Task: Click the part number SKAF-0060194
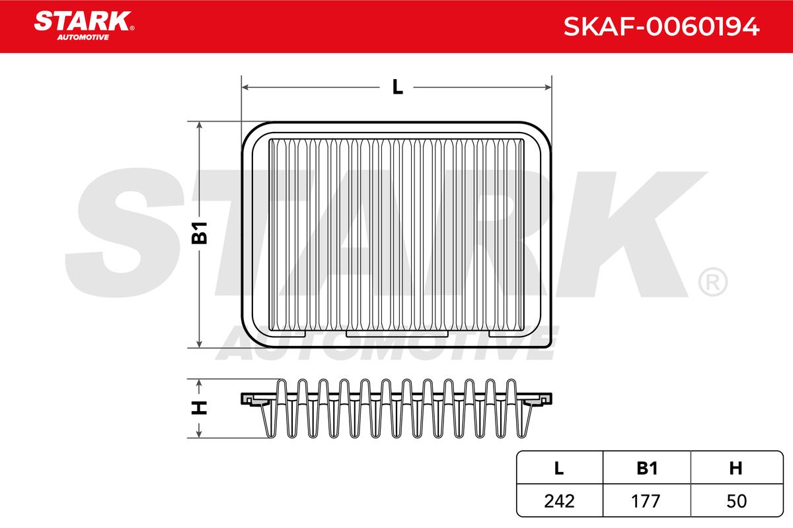point(661,26)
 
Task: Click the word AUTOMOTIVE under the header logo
point(83,38)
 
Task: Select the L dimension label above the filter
point(398,87)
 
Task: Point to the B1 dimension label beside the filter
point(200,233)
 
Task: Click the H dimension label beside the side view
point(199,408)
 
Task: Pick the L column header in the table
point(558,468)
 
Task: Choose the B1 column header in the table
point(647,468)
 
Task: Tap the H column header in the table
point(736,468)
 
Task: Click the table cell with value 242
point(559,501)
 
